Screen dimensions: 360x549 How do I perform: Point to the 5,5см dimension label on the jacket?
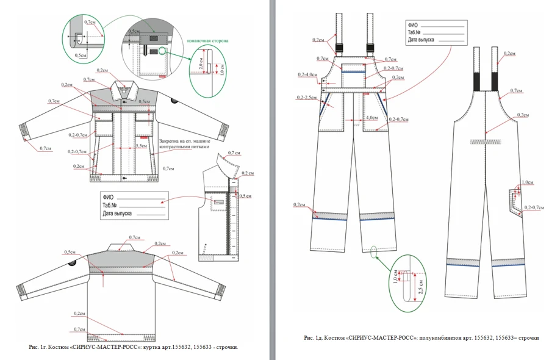(x=141, y=146)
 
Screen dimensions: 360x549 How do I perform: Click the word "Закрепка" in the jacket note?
(x=170, y=140)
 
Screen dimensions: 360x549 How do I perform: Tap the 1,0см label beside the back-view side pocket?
(x=528, y=182)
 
